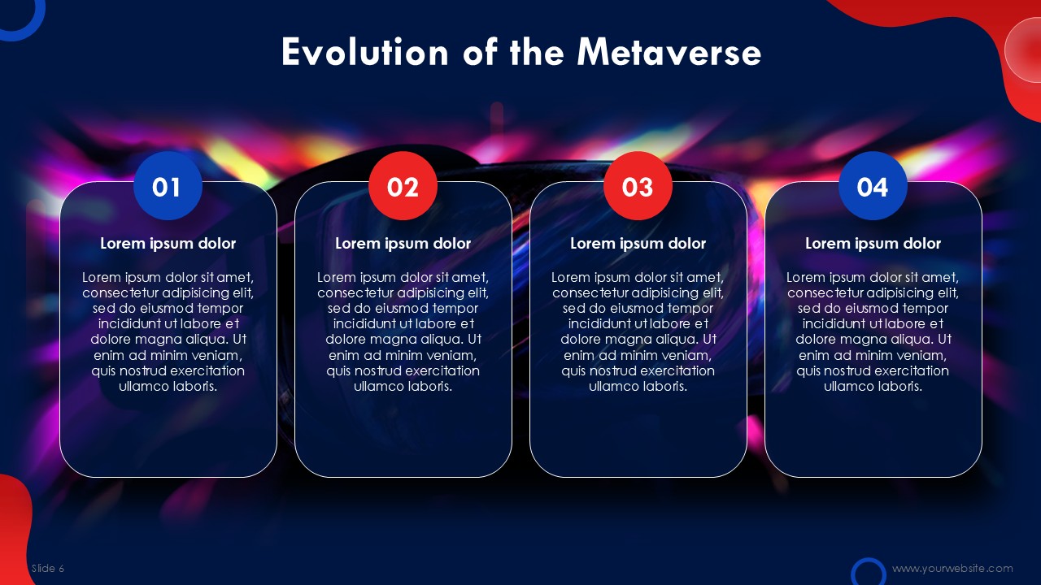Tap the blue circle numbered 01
point(168,186)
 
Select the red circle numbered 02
point(403,186)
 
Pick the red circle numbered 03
point(638,186)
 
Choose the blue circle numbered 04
point(873,186)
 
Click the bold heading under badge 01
point(168,244)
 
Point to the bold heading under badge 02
point(403,244)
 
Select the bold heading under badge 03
point(638,244)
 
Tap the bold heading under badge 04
point(873,244)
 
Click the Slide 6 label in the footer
point(48,568)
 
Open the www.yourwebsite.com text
point(952,568)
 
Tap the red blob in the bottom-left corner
point(14,529)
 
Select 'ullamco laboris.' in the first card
point(168,386)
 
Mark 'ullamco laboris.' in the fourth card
point(873,386)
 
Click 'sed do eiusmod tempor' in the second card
point(403,309)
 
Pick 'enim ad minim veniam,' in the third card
point(638,356)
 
